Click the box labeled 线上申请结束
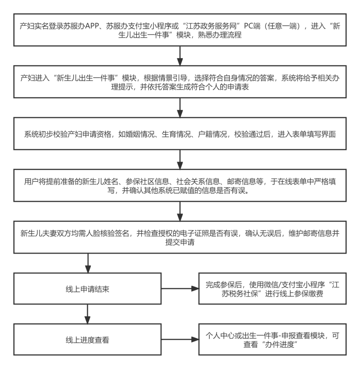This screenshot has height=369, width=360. point(87,289)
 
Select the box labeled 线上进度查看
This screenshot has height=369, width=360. point(87,339)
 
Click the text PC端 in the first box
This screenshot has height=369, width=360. point(252,26)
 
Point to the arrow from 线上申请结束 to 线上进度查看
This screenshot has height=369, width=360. point(88,314)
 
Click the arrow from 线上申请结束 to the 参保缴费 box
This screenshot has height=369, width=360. point(180,289)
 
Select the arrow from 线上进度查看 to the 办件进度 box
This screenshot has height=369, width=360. point(180,339)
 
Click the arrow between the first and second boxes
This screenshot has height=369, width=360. point(180,56)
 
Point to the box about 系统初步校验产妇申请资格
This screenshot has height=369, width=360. point(180,134)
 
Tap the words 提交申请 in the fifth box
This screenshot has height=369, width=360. point(180,242)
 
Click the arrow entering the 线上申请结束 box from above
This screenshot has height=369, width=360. point(88,263)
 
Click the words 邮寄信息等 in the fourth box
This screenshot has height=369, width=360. point(245,181)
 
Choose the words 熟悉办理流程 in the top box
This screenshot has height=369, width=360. point(220,35)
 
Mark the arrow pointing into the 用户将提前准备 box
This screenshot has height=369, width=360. point(180,160)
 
